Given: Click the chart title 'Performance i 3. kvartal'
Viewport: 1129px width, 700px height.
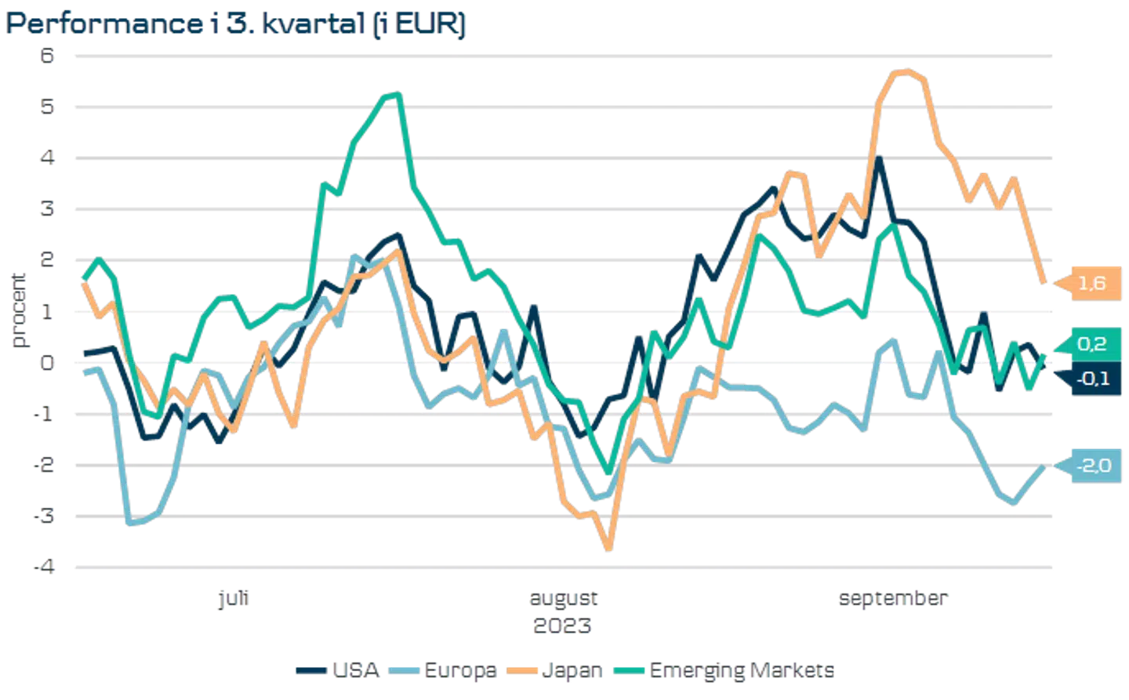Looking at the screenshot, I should (235, 25).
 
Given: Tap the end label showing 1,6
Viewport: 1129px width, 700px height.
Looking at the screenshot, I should (1091, 283).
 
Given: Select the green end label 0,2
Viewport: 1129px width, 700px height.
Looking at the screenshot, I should (1091, 344).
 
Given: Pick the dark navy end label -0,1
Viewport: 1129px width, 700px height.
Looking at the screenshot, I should (1092, 379).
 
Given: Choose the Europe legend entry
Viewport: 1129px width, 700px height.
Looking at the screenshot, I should (459, 671).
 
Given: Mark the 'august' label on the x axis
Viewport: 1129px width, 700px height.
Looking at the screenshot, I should (564, 600).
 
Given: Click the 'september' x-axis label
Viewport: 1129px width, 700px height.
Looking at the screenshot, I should (893, 600).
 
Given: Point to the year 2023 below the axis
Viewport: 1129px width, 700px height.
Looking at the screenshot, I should (564, 626).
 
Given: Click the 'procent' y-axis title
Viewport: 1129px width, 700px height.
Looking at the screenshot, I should (18, 310).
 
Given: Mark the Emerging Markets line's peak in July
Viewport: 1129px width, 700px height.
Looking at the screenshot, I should (395, 94).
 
